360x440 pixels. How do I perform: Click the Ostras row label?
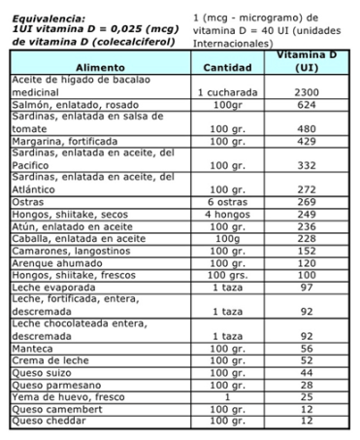[x=28, y=202]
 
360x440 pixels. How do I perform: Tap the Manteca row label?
[x=33, y=348]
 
